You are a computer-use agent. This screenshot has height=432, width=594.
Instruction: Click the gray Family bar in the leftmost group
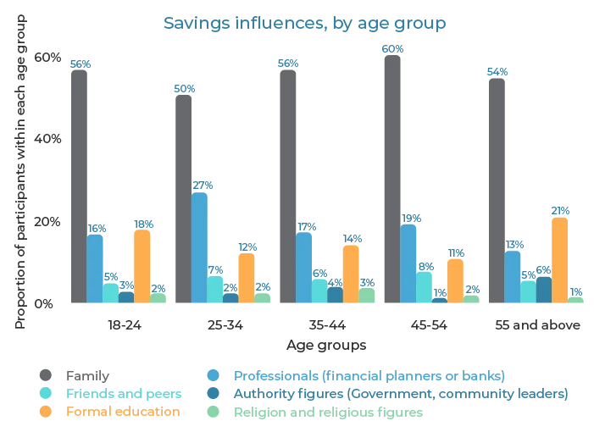79,182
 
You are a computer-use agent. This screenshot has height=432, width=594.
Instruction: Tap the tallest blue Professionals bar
200,246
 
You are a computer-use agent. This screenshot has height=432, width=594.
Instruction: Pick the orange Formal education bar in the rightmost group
559,258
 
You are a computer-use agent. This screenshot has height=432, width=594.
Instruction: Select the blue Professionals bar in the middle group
304,267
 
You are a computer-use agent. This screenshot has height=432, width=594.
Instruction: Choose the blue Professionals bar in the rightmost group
513,276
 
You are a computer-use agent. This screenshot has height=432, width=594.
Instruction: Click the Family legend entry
76,374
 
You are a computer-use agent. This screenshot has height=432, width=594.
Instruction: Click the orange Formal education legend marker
45,413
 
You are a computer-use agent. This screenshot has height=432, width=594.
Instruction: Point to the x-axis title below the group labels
325,345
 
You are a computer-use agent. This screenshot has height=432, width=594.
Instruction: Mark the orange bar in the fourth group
456,280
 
